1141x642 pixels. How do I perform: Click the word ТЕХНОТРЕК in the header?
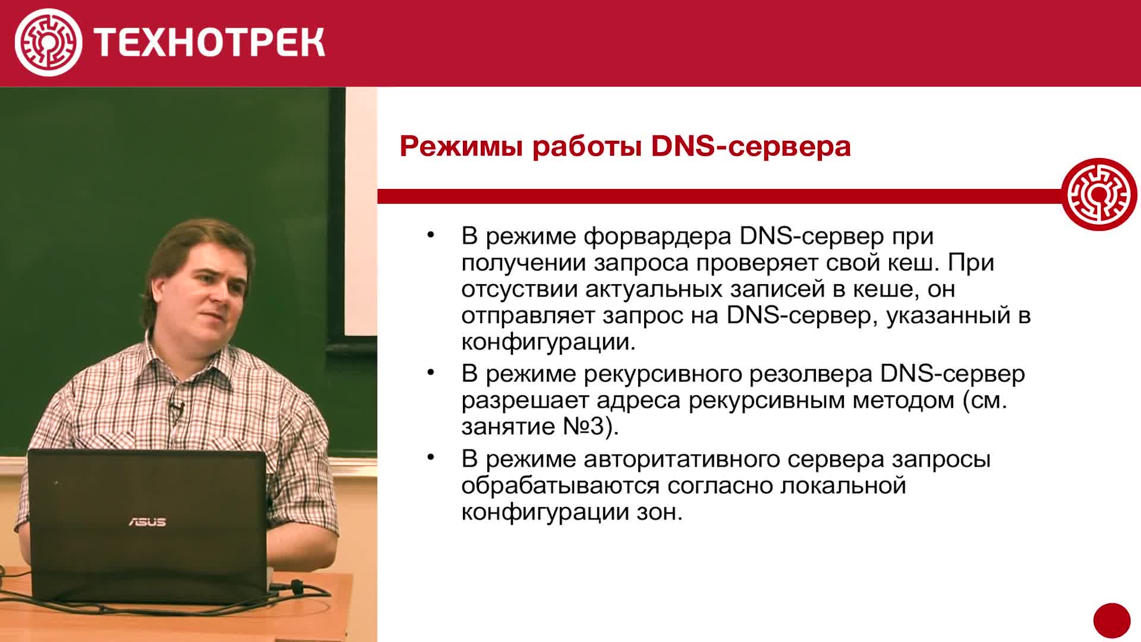click(x=209, y=43)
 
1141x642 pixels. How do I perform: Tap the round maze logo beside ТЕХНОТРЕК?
click(x=48, y=42)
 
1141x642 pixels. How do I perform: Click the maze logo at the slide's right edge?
click(x=1099, y=194)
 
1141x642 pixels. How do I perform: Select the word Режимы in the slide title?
click(x=461, y=146)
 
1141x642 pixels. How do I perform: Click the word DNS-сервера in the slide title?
click(x=751, y=146)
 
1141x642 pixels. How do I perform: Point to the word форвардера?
click(x=657, y=237)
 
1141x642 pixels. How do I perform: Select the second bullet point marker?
click(x=431, y=373)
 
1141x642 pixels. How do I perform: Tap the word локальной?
click(x=843, y=486)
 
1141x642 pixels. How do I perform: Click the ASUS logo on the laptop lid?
click(x=147, y=522)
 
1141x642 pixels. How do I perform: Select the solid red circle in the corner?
click(x=1112, y=621)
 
